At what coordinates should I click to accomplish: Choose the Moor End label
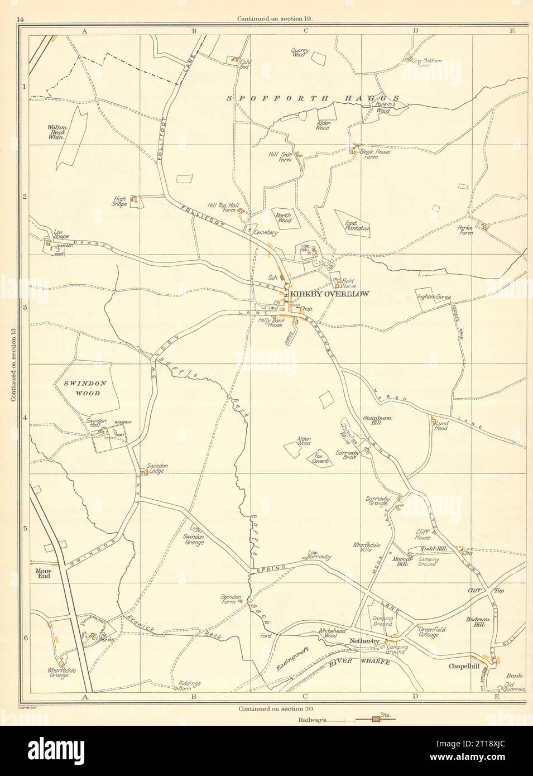pos(44,573)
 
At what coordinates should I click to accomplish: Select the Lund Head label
pos(440,425)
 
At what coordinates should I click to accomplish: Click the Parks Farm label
pos(465,230)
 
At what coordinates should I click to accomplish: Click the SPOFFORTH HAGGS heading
pos(313,97)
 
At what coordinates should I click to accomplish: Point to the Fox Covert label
pos(320,458)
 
